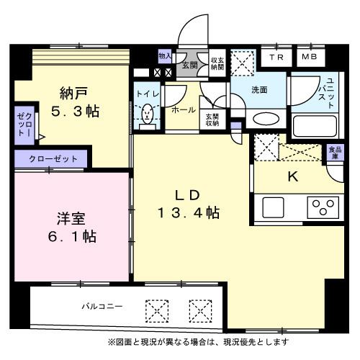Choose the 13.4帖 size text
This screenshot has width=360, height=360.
click(x=189, y=213)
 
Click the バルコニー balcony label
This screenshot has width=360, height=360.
click(x=100, y=306)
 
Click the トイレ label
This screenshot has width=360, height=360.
click(x=147, y=93)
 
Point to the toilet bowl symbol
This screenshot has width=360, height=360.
click(x=148, y=114)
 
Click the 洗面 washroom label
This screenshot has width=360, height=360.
click(x=259, y=90)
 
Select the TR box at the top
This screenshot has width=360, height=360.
click(x=276, y=57)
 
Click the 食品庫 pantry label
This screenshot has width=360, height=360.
click(x=335, y=153)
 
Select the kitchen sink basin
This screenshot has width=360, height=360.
click(x=276, y=207)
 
